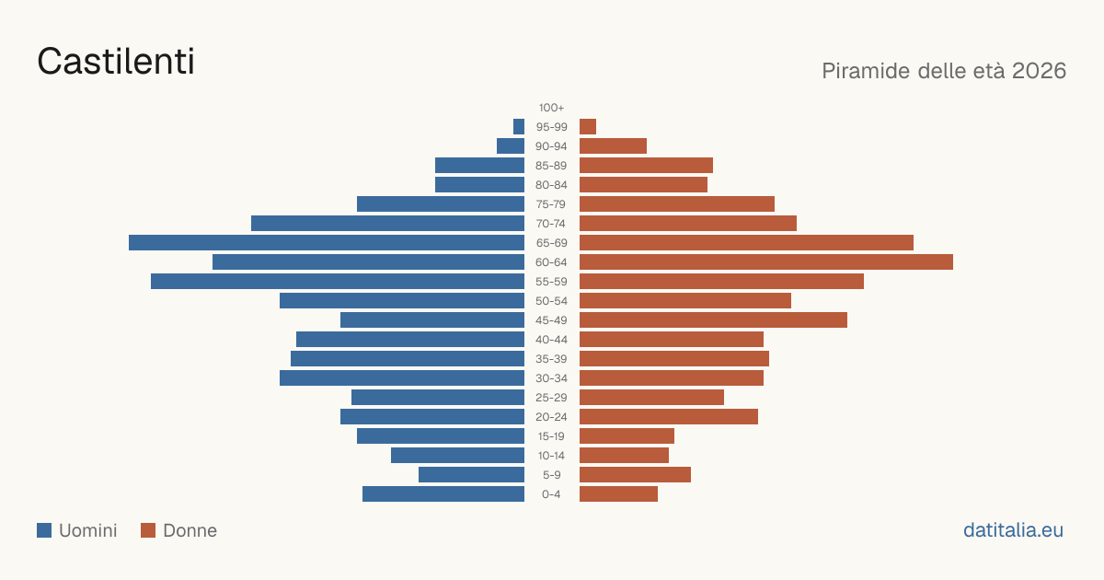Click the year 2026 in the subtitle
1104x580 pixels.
coord(1039,71)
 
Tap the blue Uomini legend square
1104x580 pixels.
coord(44,530)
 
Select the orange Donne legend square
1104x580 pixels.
coord(148,530)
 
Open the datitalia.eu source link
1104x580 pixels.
coord(1013,530)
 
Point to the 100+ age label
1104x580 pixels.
coord(551,108)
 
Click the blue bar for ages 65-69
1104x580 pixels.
coord(327,243)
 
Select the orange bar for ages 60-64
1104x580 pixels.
coord(766,261)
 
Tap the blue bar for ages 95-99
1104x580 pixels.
coord(519,127)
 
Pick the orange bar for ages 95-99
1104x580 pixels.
coord(588,127)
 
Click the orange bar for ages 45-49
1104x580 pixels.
coord(713,320)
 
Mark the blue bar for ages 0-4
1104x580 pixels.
coord(443,494)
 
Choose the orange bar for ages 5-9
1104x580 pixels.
coord(636,475)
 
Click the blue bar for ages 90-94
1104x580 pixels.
coord(511,146)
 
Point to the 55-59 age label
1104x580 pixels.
coord(551,282)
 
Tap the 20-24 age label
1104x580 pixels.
coord(551,417)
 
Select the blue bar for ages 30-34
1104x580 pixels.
coord(402,378)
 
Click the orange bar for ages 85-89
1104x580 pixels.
coord(646,165)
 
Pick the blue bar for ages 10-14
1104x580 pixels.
coord(458,455)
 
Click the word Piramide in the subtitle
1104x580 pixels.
coord(866,71)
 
